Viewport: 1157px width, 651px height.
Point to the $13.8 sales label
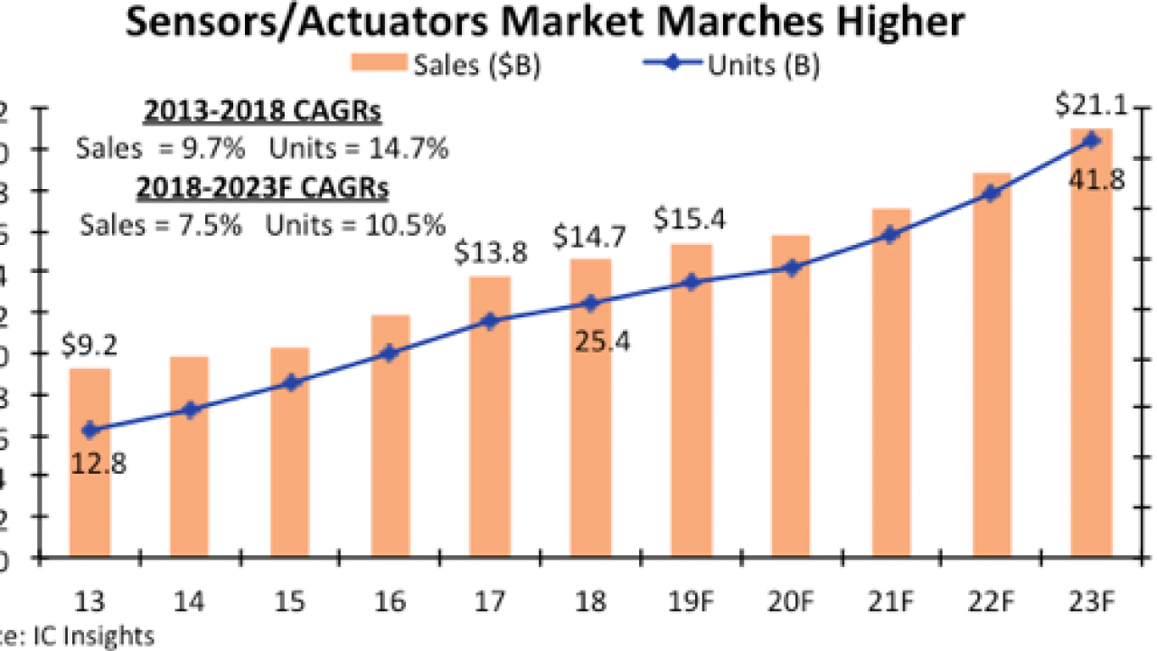[x=492, y=253]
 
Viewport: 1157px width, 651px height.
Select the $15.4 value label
[x=691, y=220]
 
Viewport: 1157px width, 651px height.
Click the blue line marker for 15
[x=290, y=382]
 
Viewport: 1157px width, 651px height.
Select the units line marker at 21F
[x=890, y=235]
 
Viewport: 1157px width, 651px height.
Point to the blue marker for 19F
[x=691, y=282]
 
